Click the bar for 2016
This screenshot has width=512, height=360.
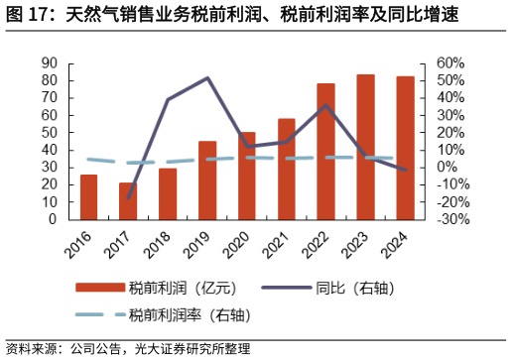pos(89,196)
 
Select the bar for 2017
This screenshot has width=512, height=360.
pos(128,200)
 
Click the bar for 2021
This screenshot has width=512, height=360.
pos(287,169)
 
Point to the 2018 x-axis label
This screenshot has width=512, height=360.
pos(161,241)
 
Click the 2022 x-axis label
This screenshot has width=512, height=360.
pos(320,241)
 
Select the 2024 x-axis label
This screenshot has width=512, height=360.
pos(399,241)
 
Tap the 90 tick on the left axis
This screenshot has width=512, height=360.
pos(49,62)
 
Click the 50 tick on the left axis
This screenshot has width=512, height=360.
pos(49,132)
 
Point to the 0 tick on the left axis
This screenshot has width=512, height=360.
pos(53,219)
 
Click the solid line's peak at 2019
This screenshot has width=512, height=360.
pos(207,77)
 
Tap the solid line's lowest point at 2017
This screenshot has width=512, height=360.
pos(128,198)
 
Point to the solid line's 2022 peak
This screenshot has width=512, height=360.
pos(325,104)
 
